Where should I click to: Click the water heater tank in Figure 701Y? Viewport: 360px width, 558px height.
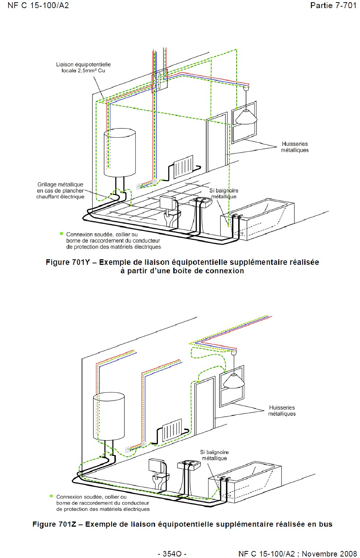coord(120,152)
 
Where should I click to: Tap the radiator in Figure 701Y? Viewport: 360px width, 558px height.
coord(183,166)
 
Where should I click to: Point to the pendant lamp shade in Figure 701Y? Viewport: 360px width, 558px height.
coord(246,117)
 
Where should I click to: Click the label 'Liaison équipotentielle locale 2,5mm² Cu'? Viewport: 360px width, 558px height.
coord(84,67)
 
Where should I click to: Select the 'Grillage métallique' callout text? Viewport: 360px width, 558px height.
coord(60,190)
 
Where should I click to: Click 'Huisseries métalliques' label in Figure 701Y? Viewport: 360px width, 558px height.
coord(295,147)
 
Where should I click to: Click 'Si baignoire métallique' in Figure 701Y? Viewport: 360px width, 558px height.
coord(224,194)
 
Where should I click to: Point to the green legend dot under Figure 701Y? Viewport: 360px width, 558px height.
coord(61,234)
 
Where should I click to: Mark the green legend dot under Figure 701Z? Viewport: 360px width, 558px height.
coord(51,496)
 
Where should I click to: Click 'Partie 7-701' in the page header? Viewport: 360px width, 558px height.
coord(333,5)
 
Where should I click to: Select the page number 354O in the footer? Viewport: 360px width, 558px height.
coord(172,554)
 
